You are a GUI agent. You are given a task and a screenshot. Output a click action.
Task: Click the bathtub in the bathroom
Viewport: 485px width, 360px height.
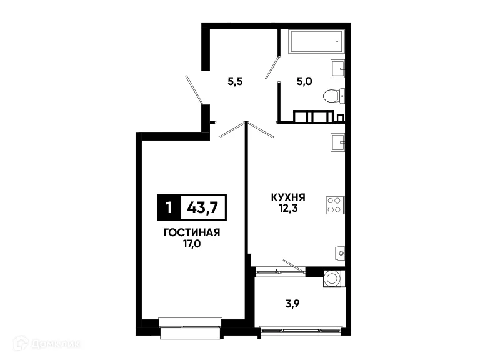316,42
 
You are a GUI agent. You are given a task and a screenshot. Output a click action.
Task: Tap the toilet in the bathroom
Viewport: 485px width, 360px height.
332,96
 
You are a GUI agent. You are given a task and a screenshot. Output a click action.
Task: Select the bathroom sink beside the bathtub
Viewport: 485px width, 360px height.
337,67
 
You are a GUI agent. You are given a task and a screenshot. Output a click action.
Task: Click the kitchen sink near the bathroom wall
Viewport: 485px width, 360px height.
337,143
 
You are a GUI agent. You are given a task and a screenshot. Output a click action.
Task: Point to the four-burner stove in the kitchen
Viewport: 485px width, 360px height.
334,206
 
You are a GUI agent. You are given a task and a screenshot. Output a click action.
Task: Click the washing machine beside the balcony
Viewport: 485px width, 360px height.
332,278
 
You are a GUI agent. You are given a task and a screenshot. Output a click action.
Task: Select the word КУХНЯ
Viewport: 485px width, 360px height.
287,197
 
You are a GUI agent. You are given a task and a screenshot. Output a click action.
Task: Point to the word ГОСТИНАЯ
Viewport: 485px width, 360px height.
191,232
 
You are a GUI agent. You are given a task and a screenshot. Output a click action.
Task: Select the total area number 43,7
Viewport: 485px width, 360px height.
202,207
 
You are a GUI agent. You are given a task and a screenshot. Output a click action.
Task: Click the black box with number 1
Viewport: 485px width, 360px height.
168,207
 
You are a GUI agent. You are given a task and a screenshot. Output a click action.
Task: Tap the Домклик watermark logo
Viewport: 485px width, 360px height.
47,343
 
